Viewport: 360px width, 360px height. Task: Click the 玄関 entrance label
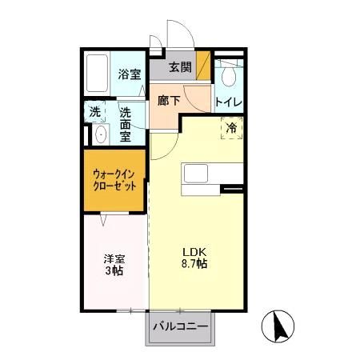(x=180, y=68)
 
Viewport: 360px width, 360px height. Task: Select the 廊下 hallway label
(x=168, y=101)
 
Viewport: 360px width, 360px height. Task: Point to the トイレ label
(x=229, y=102)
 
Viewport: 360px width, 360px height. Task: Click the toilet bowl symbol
(x=229, y=75)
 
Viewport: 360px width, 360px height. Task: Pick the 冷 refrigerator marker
(x=231, y=127)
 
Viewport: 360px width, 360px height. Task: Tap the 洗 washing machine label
(x=95, y=112)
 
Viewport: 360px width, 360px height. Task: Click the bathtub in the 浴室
(x=98, y=74)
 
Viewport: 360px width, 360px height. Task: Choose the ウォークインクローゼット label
(x=113, y=178)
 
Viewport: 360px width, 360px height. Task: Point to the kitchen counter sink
(x=196, y=174)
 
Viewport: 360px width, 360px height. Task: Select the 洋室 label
(x=113, y=258)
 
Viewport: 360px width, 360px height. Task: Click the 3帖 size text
(x=113, y=272)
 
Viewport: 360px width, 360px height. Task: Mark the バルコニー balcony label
(x=180, y=328)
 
